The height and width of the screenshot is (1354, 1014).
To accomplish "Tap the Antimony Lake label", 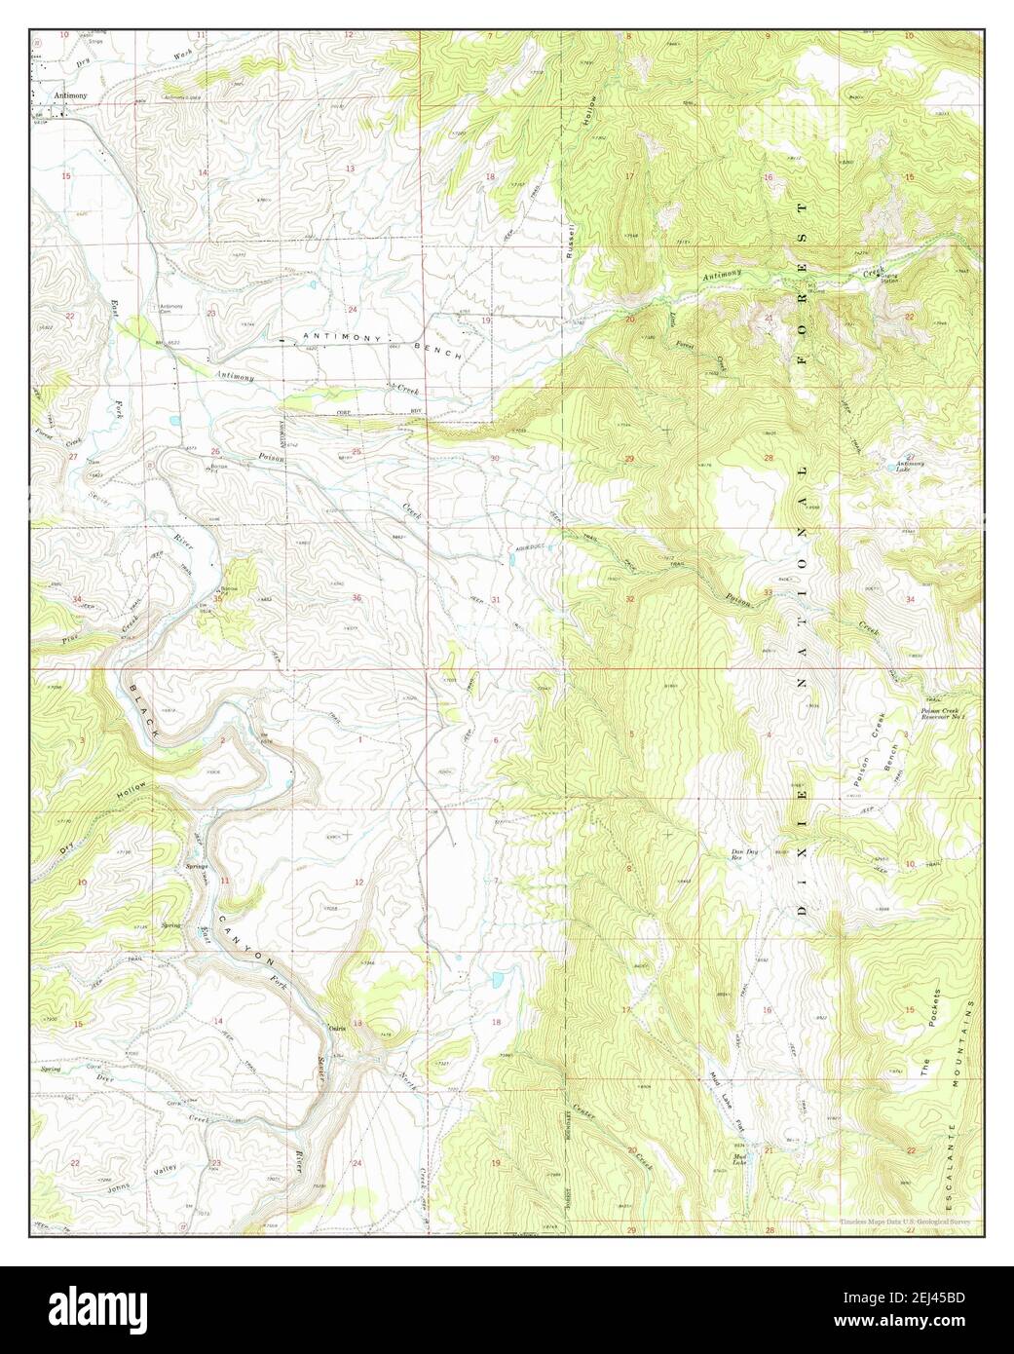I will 910,466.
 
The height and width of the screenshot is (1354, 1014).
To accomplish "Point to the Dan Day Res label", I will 745,855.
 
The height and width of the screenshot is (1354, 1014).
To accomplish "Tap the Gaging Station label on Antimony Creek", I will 890,279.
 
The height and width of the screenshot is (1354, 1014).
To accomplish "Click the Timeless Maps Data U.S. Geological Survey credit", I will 905,1222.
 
